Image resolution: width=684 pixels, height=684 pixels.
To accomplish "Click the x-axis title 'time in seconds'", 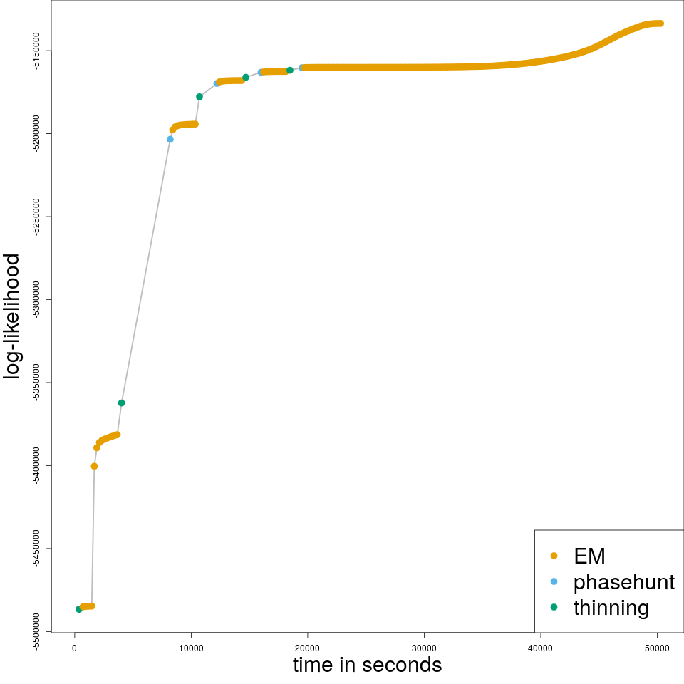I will point(367,665).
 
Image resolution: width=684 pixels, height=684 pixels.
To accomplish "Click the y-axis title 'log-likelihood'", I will point(12,316).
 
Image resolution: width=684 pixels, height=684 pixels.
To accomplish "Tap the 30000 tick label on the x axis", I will point(424,648).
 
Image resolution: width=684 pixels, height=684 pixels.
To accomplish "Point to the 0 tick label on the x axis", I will point(74,648).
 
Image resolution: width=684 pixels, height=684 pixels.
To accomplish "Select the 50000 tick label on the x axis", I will point(657,648).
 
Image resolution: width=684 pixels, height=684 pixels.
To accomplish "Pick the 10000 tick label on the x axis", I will point(191,648).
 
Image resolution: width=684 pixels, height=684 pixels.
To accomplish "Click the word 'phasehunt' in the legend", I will point(623,581).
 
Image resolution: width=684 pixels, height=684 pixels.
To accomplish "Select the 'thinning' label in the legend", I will point(611,608).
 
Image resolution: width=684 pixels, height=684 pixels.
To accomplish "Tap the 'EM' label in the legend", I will point(589,556).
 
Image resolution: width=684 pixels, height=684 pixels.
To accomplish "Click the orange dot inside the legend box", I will point(554,556).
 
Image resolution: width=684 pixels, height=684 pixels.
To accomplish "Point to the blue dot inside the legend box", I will point(554,581).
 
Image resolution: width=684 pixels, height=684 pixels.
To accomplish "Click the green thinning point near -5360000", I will point(121,403).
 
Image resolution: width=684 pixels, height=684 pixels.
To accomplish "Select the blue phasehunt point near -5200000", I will point(170,140).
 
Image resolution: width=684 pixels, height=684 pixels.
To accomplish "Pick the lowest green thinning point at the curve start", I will point(78,609).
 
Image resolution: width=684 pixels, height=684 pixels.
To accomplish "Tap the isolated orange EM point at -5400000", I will point(94,466).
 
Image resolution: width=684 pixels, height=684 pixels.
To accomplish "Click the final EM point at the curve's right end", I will point(660,24).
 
